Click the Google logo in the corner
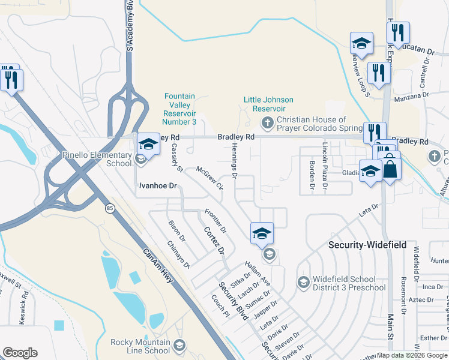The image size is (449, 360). [20, 353]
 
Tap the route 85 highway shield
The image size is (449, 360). [110, 208]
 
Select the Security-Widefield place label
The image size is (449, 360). [367, 245]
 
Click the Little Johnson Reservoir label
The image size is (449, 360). [268, 104]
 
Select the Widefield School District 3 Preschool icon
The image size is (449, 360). [304, 282]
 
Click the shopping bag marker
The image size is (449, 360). [390, 169]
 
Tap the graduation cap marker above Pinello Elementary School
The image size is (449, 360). [148, 145]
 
